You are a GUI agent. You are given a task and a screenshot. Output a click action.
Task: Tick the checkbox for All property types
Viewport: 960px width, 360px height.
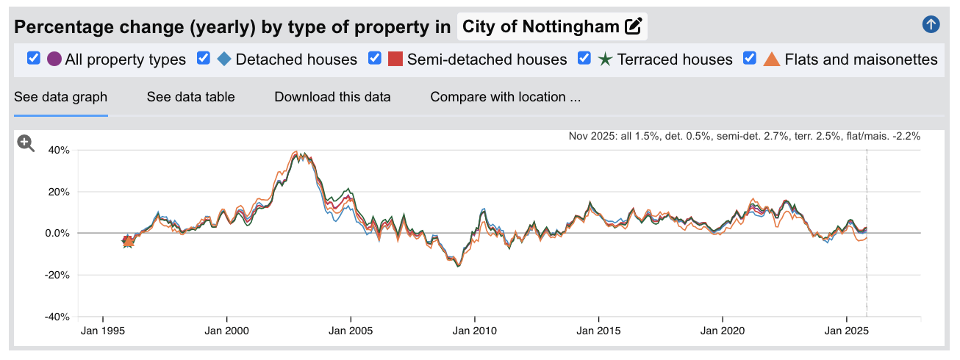33,59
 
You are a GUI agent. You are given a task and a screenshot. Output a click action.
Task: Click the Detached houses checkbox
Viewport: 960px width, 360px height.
204,59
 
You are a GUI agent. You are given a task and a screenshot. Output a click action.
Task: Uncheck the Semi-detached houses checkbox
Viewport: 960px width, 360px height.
375,59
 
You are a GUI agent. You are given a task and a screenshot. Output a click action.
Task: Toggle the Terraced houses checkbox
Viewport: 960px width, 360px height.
585,59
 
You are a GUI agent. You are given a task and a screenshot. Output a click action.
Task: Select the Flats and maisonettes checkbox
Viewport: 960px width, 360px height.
750,59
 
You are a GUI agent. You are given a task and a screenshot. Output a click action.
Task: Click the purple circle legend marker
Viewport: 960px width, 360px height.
54,59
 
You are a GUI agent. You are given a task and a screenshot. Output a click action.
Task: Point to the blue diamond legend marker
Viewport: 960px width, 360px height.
224,59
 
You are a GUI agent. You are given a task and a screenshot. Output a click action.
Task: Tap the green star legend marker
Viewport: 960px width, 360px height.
606,59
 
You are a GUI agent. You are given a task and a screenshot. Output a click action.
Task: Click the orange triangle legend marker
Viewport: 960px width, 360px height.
771,59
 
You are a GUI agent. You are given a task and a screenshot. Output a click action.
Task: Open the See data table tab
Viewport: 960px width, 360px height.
190,97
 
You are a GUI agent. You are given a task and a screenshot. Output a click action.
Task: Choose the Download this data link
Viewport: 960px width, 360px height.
332,97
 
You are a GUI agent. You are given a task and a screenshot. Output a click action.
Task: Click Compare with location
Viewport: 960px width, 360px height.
505,97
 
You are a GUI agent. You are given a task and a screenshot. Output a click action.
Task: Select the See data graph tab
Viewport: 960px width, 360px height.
61,97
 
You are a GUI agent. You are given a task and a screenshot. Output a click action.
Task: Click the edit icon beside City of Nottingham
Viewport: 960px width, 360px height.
633,27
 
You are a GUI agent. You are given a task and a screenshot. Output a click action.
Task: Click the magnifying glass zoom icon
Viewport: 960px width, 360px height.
26,143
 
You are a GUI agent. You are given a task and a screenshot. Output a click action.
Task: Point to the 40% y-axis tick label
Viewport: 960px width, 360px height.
59,150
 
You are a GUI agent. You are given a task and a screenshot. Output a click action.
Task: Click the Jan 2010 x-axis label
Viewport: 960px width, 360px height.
475,331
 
